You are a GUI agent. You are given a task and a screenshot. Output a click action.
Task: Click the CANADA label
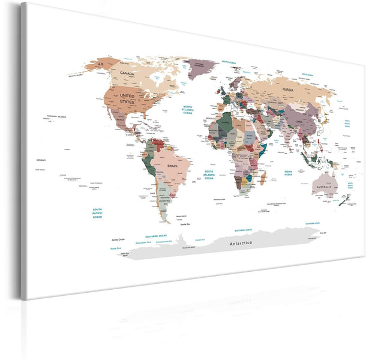[127, 73]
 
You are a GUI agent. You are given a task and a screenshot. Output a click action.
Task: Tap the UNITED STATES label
[128, 98]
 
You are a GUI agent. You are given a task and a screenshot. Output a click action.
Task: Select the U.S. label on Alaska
[100, 64]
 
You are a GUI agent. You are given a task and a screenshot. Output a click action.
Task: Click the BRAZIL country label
[173, 164]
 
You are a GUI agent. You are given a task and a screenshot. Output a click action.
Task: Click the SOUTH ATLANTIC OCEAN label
[209, 175]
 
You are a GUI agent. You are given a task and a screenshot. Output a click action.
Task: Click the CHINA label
[299, 122]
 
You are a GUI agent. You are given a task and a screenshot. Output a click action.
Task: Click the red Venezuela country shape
[158, 144]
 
